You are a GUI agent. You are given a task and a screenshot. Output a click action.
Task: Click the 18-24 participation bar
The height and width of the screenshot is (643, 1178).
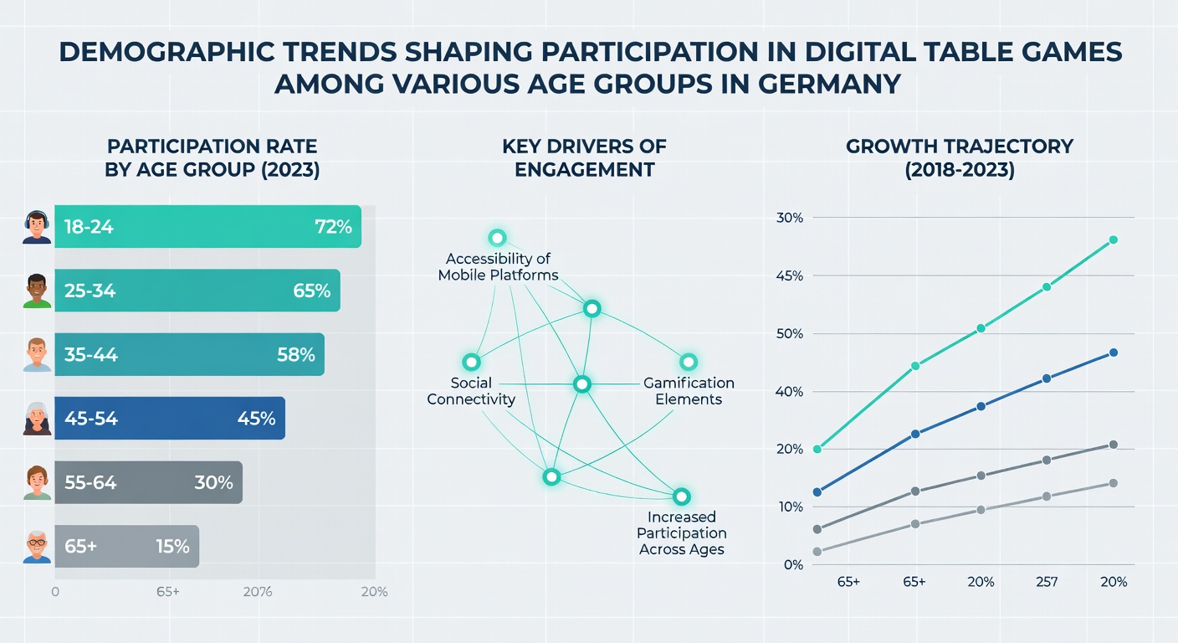[207, 226]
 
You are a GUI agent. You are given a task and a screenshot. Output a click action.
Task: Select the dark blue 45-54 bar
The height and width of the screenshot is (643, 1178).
[170, 419]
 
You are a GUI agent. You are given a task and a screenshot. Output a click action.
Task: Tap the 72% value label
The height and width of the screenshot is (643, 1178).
[334, 227]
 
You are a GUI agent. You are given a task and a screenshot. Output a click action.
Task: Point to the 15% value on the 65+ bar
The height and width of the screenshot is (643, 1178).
[172, 546]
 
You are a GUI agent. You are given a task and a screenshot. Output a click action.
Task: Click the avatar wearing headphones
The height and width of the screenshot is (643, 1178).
[37, 228]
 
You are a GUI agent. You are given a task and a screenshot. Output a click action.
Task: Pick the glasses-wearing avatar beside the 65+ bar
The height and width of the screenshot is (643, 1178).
[37, 548]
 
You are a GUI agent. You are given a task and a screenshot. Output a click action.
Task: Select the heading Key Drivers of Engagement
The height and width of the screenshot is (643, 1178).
[584, 158]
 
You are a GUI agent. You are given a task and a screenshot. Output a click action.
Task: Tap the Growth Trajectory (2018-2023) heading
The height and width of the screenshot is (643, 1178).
[960, 158]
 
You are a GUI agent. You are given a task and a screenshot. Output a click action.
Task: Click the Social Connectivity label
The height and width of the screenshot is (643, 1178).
[471, 391]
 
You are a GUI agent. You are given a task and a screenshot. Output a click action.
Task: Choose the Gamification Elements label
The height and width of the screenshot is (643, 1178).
[689, 391]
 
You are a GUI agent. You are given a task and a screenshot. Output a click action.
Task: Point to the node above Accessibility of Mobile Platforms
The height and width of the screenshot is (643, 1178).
[497, 239]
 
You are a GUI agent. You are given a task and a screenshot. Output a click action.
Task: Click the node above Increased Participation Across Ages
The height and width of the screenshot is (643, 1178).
[682, 496]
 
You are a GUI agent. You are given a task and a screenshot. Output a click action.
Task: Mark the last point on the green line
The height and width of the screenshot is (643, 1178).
[1113, 240]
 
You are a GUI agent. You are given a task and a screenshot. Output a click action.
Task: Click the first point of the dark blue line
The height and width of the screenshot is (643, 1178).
[817, 492]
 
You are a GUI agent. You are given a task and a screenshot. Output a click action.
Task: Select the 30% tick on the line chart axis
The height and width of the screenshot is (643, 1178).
[789, 218]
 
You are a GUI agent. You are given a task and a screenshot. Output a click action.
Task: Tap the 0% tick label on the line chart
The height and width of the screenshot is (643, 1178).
[793, 565]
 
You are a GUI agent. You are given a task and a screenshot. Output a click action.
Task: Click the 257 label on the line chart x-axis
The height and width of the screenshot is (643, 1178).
[1047, 582]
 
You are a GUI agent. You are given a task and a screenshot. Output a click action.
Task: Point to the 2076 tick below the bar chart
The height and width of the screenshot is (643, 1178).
[258, 592]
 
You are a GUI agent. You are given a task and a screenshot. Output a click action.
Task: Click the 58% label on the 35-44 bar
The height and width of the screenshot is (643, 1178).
[296, 355]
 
